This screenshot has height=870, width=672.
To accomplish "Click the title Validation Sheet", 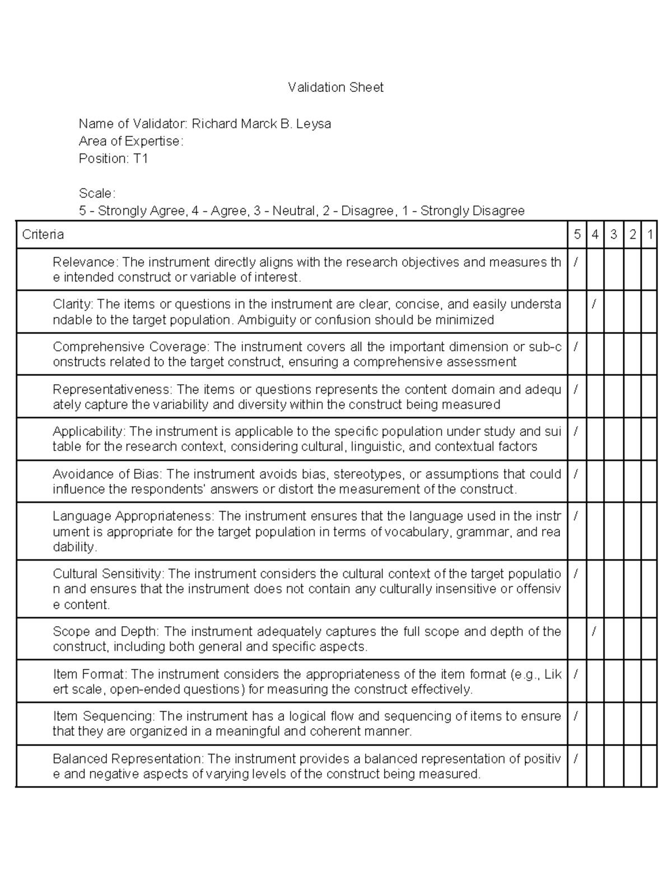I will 335,87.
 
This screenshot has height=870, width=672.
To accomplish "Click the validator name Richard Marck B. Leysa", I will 261,124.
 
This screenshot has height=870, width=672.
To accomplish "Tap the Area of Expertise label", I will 130,141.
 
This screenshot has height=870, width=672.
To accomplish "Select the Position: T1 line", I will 113,159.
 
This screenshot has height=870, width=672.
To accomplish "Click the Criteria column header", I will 43,235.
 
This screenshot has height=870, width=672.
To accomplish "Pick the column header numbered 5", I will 577,235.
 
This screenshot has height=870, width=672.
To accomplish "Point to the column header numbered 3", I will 614,235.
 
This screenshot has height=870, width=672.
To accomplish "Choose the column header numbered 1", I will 650,235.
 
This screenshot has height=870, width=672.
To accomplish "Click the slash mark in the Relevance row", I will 576,262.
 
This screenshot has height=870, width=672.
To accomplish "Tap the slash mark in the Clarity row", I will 594,304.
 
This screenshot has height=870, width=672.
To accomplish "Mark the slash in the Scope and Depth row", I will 594,632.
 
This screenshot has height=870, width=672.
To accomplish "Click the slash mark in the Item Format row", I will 576,674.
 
